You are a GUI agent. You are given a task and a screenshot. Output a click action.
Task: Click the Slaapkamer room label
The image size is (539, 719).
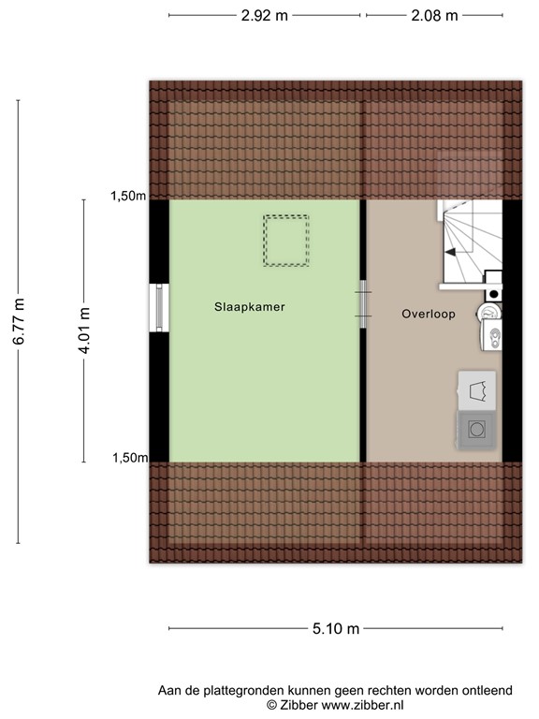[x=249, y=306]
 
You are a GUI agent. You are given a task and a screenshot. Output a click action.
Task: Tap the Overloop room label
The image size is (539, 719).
[x=429, y=315]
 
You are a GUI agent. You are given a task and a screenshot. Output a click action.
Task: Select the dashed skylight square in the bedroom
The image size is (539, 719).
[x=285, y=242]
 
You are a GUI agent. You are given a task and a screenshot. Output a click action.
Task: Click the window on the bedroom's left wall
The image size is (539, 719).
[x=158, y=307]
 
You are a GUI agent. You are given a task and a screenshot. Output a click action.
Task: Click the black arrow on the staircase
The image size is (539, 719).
[x=451, y=252]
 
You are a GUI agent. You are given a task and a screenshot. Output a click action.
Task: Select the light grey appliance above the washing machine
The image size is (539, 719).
[x=477, y=390]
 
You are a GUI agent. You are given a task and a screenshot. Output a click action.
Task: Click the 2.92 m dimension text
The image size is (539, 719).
[x=264, y=16]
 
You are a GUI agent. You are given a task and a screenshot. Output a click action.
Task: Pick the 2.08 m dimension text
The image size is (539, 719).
[x=435, y=16]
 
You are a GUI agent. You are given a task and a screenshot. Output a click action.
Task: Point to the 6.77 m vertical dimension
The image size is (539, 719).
[x=19, y=321]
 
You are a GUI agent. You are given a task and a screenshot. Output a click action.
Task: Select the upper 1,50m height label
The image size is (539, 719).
[x=129, y=196]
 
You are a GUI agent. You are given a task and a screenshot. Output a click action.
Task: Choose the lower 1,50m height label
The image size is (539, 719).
[x=129, y=458]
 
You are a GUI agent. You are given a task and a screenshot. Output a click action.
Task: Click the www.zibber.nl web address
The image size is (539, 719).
[x=363, y=704]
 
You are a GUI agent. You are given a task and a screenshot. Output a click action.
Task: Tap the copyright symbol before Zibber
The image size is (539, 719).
[x=272, y=704]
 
